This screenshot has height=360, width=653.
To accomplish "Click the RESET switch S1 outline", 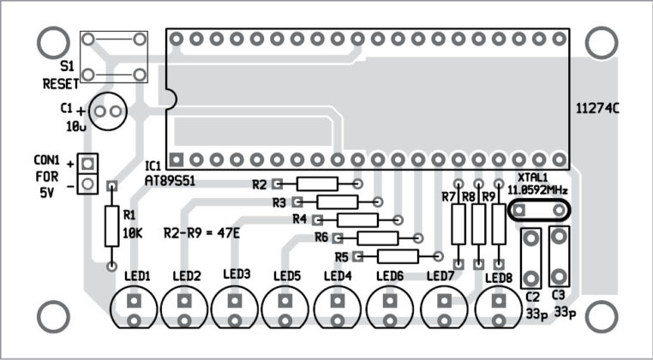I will [113, 57].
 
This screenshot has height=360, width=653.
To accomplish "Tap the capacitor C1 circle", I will [108, 111].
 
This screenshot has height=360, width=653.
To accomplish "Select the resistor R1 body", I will [111, 226].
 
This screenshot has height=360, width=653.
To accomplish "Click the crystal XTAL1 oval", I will [537, 209].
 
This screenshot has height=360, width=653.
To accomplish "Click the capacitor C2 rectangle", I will [531, 257].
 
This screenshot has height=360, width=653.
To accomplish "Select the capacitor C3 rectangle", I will [559, 255].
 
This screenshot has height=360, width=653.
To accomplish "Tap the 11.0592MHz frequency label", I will [536, 189].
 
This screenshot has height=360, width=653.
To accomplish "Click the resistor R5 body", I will [397, 255].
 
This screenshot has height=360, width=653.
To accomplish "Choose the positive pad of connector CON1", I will [87, 162].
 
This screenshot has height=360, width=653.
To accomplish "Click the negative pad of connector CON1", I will [87, 183].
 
